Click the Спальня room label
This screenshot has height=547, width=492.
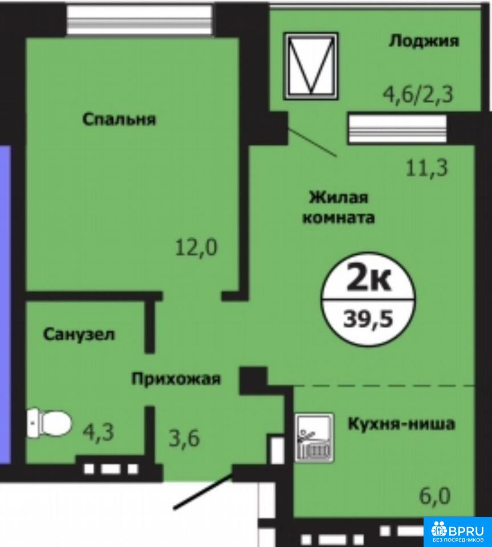pos(119,119)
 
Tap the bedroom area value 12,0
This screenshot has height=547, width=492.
pos(196,247)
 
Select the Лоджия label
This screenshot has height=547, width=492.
pos(424,41)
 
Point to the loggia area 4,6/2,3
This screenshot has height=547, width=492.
pos(418,94)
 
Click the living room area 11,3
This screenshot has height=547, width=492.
pos(426,168)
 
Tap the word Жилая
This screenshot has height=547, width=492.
pos(339,198)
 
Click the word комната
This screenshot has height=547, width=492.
pos(339,218)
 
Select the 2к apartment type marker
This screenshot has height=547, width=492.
pos(368,280)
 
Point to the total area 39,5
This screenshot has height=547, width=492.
pos(368,319)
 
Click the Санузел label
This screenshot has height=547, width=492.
pos(79,334)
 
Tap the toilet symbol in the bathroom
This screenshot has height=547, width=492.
pos(49,423)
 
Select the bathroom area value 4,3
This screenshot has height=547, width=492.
pos(99,432)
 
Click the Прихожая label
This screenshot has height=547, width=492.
pos(176,379)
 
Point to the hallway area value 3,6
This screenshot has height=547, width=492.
pos(184,438)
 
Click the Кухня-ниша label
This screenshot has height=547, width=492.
pos(401,424)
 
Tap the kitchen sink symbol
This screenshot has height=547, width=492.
pos(314,438)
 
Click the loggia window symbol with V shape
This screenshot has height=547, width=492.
pos(311,66)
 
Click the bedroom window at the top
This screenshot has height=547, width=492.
pos(140,21)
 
